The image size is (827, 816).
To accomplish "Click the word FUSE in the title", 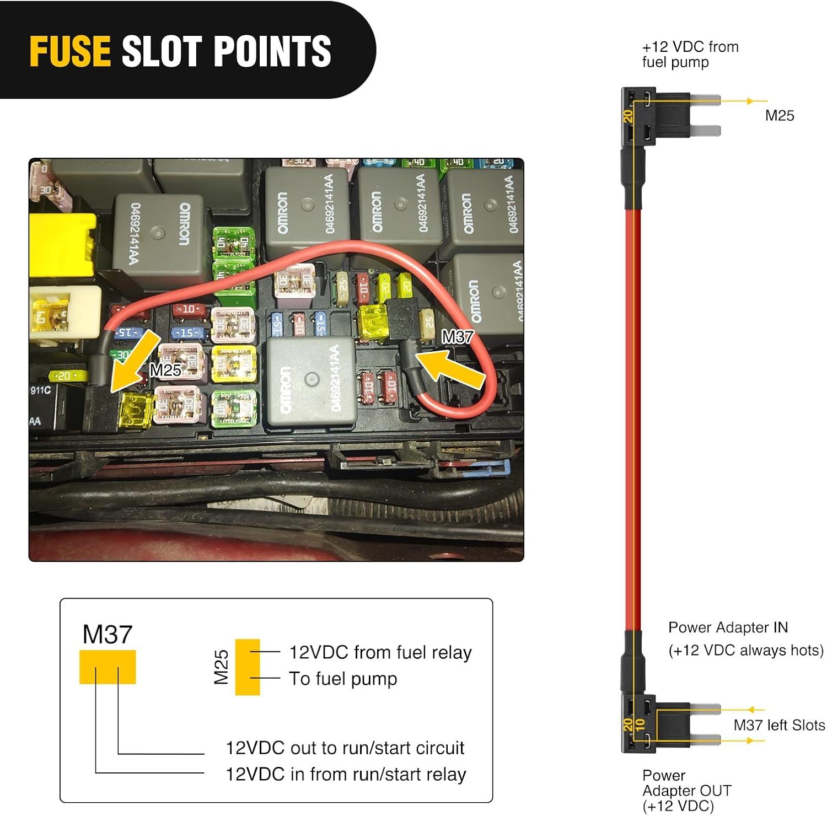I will tap(70, 51).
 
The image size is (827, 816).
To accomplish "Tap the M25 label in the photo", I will tap(165, 369).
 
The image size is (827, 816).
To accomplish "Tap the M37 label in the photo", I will tap(458, 336).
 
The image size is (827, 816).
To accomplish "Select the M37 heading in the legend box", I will tap(107, 635).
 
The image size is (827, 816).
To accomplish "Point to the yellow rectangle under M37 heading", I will tap(108, 667).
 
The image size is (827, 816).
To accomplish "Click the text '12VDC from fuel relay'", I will tap(380, 652).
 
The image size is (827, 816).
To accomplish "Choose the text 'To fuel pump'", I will tap(343, 679).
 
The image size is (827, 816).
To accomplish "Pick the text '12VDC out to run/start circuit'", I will tap(345, 748).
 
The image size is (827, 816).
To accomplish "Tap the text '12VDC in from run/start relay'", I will tap(346, 774).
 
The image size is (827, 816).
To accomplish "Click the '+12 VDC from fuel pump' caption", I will tap(690, 54).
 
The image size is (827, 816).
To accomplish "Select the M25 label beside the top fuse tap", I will tap(780, 115).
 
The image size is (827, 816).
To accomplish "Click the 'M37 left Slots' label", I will tap(779, 725).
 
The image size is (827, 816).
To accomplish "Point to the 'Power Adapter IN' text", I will tap(728, 627).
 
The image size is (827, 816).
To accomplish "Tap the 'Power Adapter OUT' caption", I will tap(686, 791).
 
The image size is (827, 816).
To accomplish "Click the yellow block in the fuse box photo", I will tap(62, 245).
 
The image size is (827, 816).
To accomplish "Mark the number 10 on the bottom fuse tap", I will tap(640, 724).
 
